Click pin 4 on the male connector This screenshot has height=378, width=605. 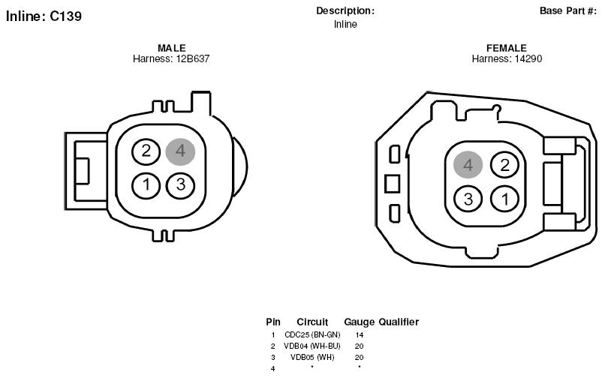click(180, 151)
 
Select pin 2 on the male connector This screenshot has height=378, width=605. click(146, 151)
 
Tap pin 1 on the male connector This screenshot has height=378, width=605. click(146, 185)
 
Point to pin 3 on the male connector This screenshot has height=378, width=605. click(180, 185)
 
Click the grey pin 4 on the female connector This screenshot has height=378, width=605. click(468, 165)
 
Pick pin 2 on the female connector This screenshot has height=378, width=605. click(504, 165)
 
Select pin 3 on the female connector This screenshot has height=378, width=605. click(468, 199)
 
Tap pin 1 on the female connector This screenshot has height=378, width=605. click(504, 199)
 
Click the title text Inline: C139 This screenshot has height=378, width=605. click(44, 16)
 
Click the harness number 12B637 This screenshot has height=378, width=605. click(193, 58)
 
